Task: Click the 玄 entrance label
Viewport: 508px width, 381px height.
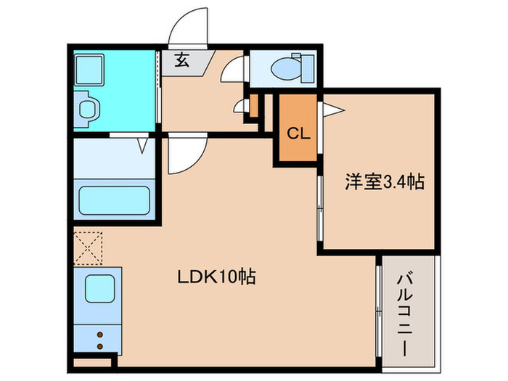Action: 181,61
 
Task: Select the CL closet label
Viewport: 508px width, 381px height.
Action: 296,134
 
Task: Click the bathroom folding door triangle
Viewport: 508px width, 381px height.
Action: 143,145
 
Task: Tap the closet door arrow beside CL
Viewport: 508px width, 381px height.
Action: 332,110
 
